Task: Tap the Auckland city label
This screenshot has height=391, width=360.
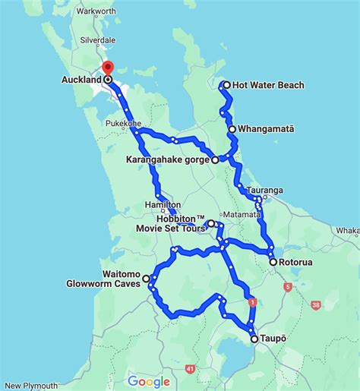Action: coord(82,79)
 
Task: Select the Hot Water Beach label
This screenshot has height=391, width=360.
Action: coord(268,85)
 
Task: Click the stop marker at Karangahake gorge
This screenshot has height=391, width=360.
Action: coord(215,159)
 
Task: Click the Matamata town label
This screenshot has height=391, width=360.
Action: coord(242,216)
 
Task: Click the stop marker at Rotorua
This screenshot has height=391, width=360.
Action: coord(273,262)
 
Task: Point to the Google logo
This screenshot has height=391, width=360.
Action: coord(149,381)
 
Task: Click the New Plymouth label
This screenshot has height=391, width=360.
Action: coord(30,385)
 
